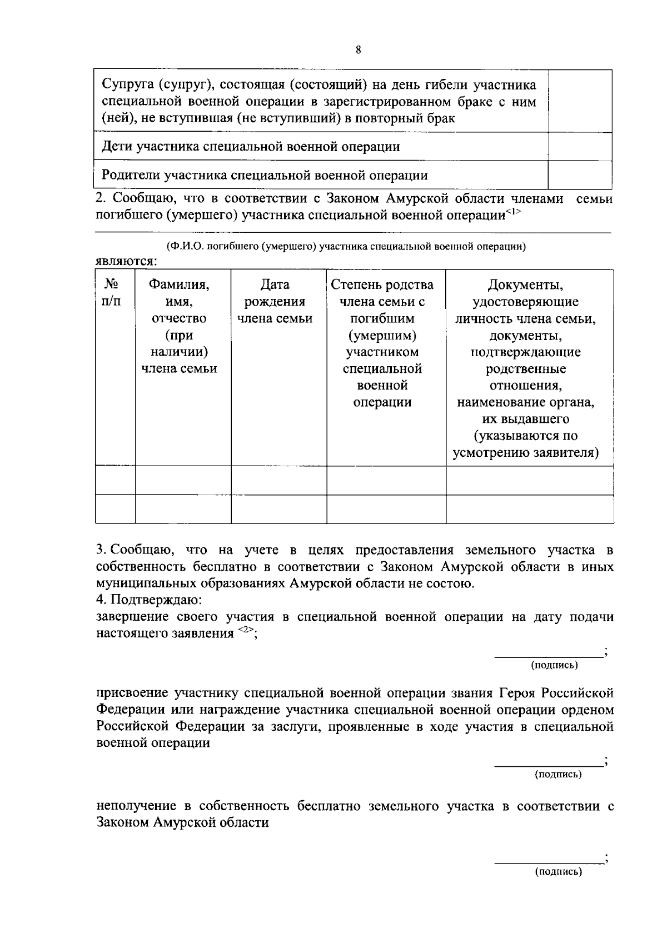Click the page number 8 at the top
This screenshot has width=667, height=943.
(358, 50)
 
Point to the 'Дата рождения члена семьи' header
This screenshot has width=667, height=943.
(275, 301)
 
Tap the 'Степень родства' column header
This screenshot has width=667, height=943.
(382, 285)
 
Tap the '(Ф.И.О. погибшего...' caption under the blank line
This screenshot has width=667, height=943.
(346, 247)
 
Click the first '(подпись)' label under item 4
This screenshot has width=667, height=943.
(554, 665)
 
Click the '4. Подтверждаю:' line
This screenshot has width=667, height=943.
(149, 600)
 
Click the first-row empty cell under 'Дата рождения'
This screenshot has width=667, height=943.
(278, 480)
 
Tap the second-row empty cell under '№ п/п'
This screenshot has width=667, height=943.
(115, 509)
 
